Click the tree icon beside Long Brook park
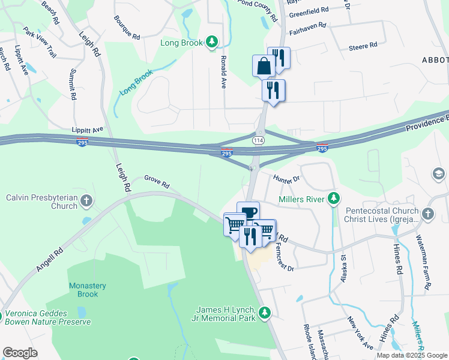point(211,41)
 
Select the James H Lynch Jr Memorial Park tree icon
point(264,312)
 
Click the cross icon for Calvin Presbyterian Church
point(86,201)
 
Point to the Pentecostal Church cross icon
point(427,214)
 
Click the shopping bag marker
point(264,65)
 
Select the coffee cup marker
point(249,212)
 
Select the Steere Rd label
point(364,45)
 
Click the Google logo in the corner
point(20,353)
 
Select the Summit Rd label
point(72,85)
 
